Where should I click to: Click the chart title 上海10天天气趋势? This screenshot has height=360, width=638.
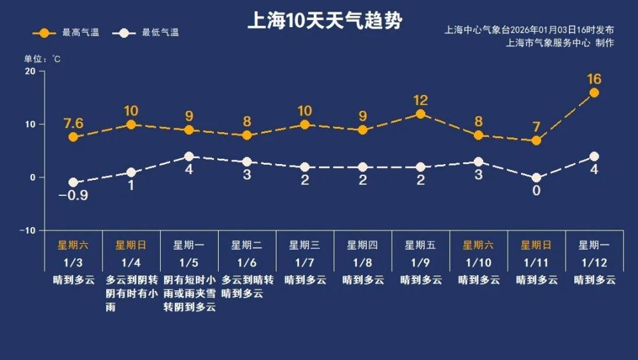point(324,21)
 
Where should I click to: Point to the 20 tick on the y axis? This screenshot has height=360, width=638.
point(31,72)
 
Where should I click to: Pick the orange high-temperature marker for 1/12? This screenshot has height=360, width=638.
point(594,93)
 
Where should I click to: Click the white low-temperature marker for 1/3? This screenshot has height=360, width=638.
point(73,183)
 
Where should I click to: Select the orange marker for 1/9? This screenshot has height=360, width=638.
point(420,114)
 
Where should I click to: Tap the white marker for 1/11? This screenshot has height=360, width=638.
point(536,178)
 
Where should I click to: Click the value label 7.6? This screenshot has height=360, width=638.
point(73,123)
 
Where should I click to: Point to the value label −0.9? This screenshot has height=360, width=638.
point(73,196)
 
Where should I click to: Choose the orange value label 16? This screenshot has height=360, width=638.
point(594,79)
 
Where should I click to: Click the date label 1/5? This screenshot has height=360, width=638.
point(189,262)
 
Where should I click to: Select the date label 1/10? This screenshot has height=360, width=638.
point(478,262)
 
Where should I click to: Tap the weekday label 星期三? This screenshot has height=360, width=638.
point(304,244)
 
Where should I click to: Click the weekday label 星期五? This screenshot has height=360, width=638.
point(421,244)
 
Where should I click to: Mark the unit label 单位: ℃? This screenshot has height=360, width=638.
point(43,59)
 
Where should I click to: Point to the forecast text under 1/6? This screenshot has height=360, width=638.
point(247,287)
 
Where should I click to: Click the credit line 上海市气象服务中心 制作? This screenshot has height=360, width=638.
point(560,43)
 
